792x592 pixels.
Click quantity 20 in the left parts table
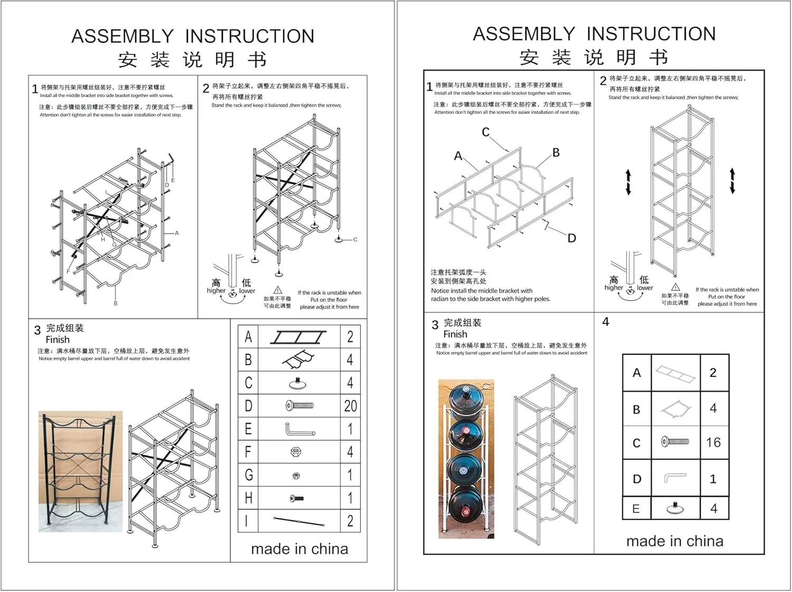[350, 406]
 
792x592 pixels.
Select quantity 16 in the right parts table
[713, 443]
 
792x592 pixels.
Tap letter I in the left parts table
[247, 521]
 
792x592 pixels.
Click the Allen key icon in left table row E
[299, 429]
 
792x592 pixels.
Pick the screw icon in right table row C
[675, 441]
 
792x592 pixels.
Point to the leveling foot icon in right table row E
[675, 508]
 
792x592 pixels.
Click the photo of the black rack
[80, 471]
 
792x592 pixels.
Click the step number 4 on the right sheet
[606, 322]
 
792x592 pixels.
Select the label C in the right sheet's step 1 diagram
[486, 132]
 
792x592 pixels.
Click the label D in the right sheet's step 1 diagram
[572, 238]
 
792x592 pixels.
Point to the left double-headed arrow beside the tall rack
[628, 182]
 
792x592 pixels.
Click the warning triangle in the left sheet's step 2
[278, 290]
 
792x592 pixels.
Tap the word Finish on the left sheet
[58, 340]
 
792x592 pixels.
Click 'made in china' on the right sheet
[675, 541]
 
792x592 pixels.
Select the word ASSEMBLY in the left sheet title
[122, 36]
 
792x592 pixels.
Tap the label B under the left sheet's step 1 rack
[116, 303]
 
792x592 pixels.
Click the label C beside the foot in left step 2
[355, 240]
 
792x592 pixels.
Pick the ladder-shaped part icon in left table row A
[298, 337]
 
